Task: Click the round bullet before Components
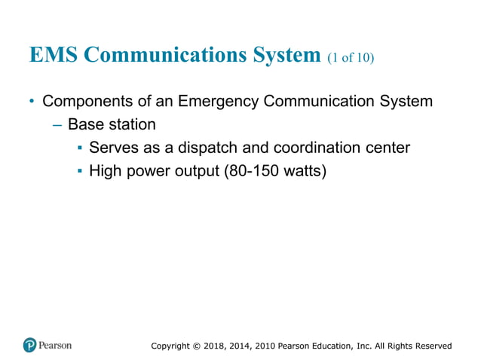pyautogui.click(x=32, y=101)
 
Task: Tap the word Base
pyautogui.click(x=85, y=124)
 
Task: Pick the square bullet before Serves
pyautogui.click(x=79, y=148)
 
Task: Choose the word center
pyautogui.click(x=388, y=148)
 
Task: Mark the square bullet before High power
pyautogui.click(x=79, y=172)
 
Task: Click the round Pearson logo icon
pyautogui.click(x=29, y=346)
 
